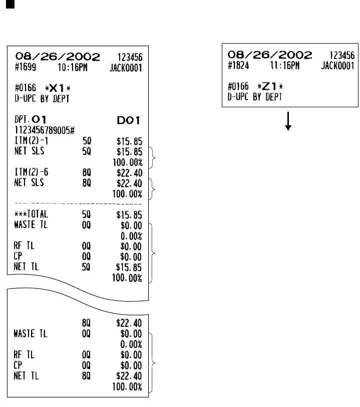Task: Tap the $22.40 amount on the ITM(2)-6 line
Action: [x=129, y=173]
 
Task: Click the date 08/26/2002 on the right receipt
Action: [x=270, y=54]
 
